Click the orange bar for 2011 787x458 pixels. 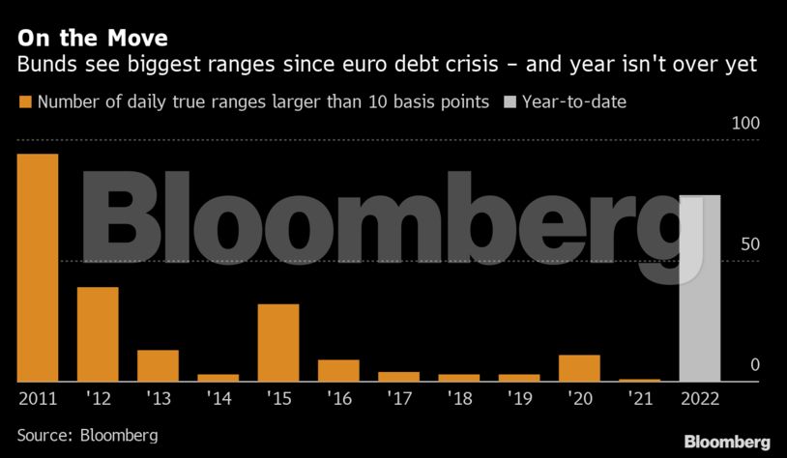(x=38, y=267)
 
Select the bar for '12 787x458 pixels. (x=98, y=333)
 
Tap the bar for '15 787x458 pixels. (x=277, y=342)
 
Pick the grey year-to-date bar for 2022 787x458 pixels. (x=700, y=288)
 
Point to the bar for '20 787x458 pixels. (x=579, y=367)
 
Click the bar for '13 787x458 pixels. (x=158, y=365)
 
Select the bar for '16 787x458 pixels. (x=338, y=370)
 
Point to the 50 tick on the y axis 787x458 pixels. (x=751, y=244)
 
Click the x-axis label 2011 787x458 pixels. (x=38, y=396)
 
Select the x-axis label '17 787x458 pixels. (x=397, y=396)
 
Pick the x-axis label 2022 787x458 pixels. (x=700, y=396)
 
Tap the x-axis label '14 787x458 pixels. (x=218, y=396)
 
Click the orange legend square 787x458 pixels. (x=24, y=100)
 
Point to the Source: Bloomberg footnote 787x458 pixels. (x=87, y=435)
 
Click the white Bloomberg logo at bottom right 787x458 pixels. (x=727, y=441)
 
